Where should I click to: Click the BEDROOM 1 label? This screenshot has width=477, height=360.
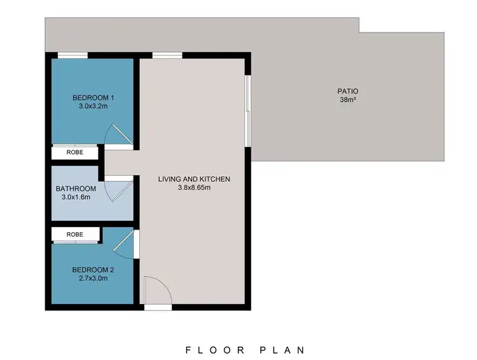[x=93, y=97]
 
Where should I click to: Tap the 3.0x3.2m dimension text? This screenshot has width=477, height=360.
[x=93, y=106]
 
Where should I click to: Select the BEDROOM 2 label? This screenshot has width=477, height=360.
[x=93, y=268]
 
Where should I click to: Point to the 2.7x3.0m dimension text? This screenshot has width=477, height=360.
[x=93, y=277]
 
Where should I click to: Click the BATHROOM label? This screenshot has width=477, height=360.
[x=76, y=188]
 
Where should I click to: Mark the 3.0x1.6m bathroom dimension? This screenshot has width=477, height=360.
[x=76, y=197]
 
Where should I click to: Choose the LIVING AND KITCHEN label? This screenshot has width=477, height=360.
[x=194, y=179]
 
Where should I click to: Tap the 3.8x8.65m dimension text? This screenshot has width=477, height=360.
[x=194, y=188]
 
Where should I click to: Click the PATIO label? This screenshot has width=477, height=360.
[x=347, y=91]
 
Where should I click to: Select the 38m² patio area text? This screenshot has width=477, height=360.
[x=347, y=100]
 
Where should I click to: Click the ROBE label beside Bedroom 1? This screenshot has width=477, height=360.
[x=75, y=153]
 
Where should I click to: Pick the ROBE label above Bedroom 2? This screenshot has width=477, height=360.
[x=75, y=235]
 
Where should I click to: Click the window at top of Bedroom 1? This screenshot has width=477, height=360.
[x=73, y=55]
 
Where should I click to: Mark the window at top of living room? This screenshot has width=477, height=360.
[x=167, y=55]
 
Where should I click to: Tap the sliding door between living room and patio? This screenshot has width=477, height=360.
[x=249, y=111]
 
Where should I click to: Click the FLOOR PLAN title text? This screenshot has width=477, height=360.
[x=245, y=349]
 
